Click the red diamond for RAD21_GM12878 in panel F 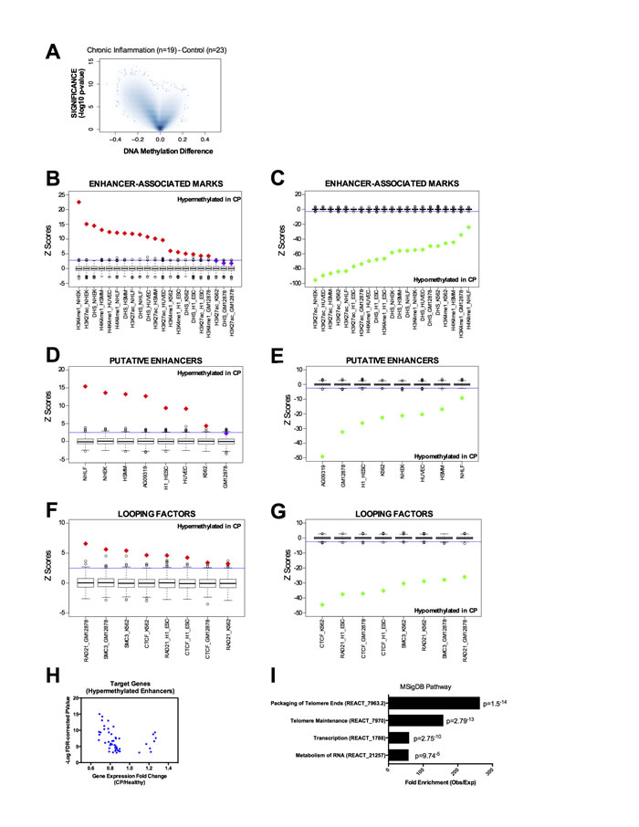pyautogui.click(x=86, y=544)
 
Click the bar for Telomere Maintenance pyautogui.click(x=415, y=720)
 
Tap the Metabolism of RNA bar pyautogui.click(x=399, y=755)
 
